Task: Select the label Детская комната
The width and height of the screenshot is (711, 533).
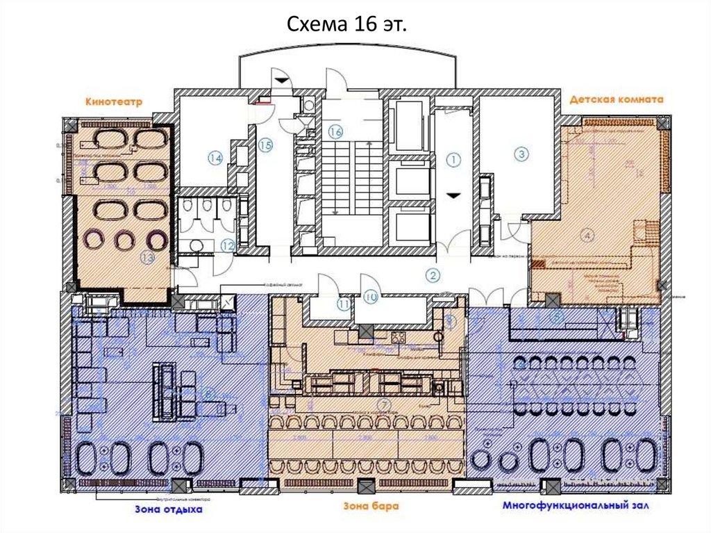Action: (617, 99)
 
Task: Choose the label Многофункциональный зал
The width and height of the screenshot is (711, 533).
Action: (577, 506)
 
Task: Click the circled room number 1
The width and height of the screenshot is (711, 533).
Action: (453, 161)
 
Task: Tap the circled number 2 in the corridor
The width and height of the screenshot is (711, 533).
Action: (433, 275)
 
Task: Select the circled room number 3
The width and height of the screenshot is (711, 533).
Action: (521, 154)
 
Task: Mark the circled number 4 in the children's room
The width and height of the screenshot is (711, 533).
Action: (587, 236)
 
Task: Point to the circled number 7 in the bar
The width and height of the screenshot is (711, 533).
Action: (382, 404)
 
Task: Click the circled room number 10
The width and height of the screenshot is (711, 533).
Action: (370, 298)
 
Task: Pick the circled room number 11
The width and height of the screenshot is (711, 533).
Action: (344, 304)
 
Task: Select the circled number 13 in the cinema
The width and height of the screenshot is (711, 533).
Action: (147, 257)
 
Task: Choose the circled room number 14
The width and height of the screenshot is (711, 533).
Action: (215, 158)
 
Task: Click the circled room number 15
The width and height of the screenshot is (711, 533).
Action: (265, 145)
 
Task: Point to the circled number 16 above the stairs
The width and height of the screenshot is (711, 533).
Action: (335, 131)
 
